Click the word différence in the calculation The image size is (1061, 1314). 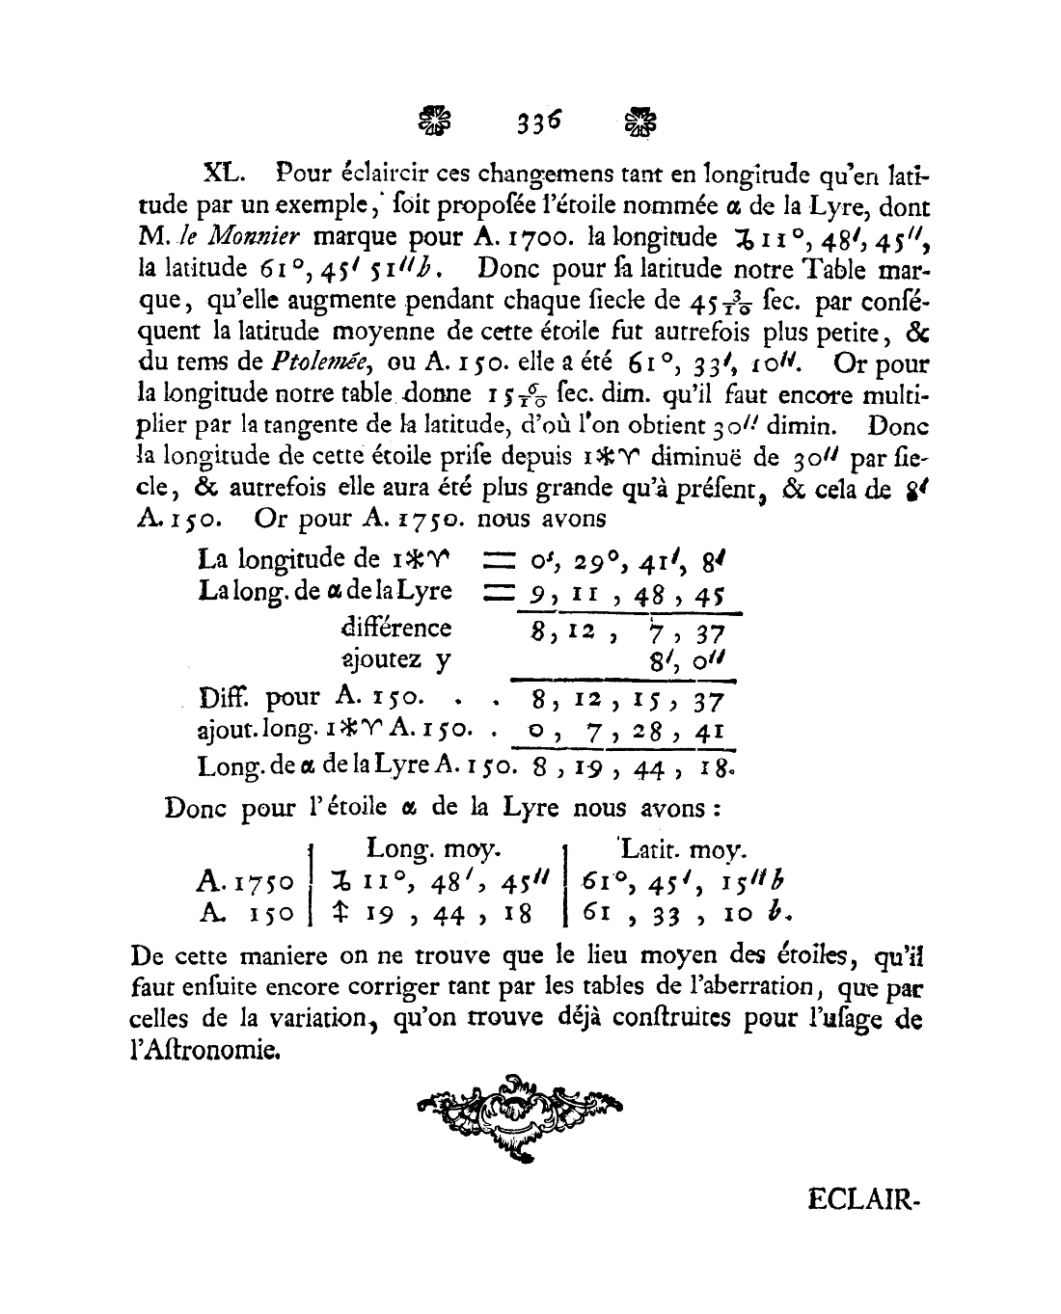click(x=396, y=628)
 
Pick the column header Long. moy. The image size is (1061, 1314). click(x=433, y=849)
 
